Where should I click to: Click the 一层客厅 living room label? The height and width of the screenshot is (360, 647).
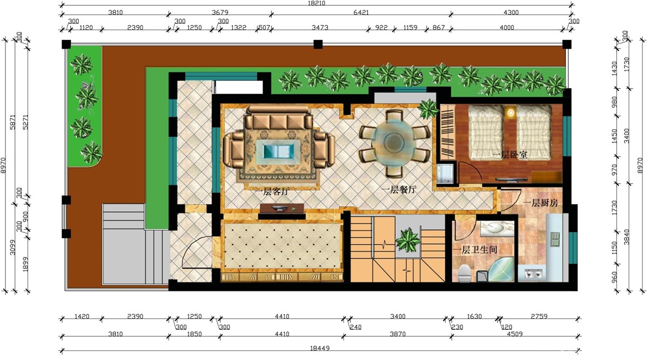[x=272, y=192]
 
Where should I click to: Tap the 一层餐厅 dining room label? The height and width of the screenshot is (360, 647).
[x=399, y=190]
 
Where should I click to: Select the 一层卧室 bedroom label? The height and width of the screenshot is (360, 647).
[x=510, y=155]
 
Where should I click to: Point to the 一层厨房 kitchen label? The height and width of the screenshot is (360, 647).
[x=540, y=203]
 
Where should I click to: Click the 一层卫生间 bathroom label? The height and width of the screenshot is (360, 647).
[x=475, y=250]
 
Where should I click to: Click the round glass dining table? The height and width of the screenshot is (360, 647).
[x=394, y=143]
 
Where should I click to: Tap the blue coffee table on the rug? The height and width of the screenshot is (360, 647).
[x=278, y=152]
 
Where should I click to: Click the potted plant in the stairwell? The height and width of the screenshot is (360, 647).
[x=408, y=240]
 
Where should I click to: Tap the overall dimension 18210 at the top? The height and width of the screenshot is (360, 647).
[x=317, y=3]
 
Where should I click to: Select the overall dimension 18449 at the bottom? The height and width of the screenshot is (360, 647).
[x=320, y=348]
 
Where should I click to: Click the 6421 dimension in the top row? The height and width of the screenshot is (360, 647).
[x=361, y=12]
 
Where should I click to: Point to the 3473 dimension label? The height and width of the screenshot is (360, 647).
[x=320, y=27]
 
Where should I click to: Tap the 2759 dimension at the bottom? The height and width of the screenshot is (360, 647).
[x=539, y=316]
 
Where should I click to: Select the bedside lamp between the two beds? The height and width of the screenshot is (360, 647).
[x=511, y=112]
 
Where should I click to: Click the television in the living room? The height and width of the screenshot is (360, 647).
[x=281, y=208]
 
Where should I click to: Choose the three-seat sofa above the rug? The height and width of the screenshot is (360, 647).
[x=278, y=117]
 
